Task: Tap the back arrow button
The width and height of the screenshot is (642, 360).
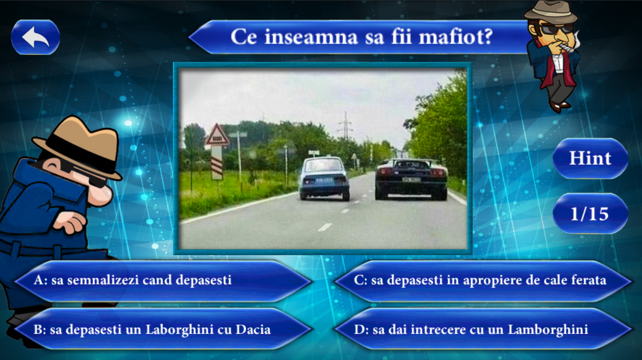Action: click(x=35, y=37)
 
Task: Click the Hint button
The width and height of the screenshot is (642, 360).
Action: click(x=590, y=159)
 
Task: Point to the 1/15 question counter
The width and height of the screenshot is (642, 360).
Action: click(x=590, y=214)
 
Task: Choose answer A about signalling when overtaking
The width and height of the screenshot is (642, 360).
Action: click(x=163, y=281)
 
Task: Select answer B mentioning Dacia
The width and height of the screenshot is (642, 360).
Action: click(x=163, y=329)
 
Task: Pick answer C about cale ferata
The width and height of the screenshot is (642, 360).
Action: click(x=483, y=281)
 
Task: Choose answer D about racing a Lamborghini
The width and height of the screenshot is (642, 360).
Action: click(x=483, y=329)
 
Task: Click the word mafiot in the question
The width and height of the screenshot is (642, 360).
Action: click(x=456, y=37)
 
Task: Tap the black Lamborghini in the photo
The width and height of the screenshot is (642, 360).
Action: click(x=411, y=179)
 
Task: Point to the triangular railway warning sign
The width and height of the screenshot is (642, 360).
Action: click(x=217, y=134)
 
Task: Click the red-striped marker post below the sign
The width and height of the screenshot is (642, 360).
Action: click(x=217, y=163)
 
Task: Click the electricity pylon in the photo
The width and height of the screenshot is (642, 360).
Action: click(x=346, y=125)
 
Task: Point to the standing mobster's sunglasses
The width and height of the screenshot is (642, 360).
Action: click(x=555, y=29)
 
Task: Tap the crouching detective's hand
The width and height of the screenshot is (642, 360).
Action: click(x=70, y=221)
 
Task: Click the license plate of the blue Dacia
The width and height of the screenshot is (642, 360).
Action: click(x=324, y=181)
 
